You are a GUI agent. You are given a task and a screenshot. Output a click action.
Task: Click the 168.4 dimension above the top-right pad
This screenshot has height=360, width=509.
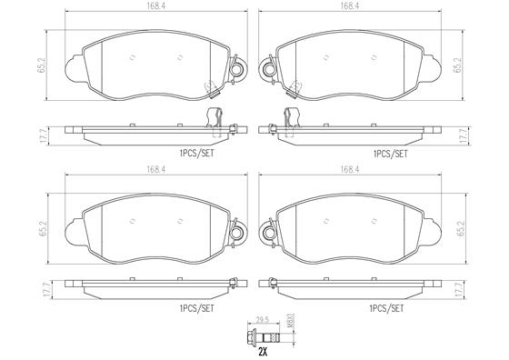(349, 5)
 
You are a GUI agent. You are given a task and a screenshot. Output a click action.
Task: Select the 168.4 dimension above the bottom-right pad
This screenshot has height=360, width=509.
(349, 169)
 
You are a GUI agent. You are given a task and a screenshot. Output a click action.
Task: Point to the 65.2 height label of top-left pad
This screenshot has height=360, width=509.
(42, 65)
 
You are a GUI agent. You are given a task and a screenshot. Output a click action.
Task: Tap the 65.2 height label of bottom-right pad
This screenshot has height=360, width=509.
(462, 228)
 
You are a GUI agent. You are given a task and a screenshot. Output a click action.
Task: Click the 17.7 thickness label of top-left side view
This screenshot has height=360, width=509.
(45, 135)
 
